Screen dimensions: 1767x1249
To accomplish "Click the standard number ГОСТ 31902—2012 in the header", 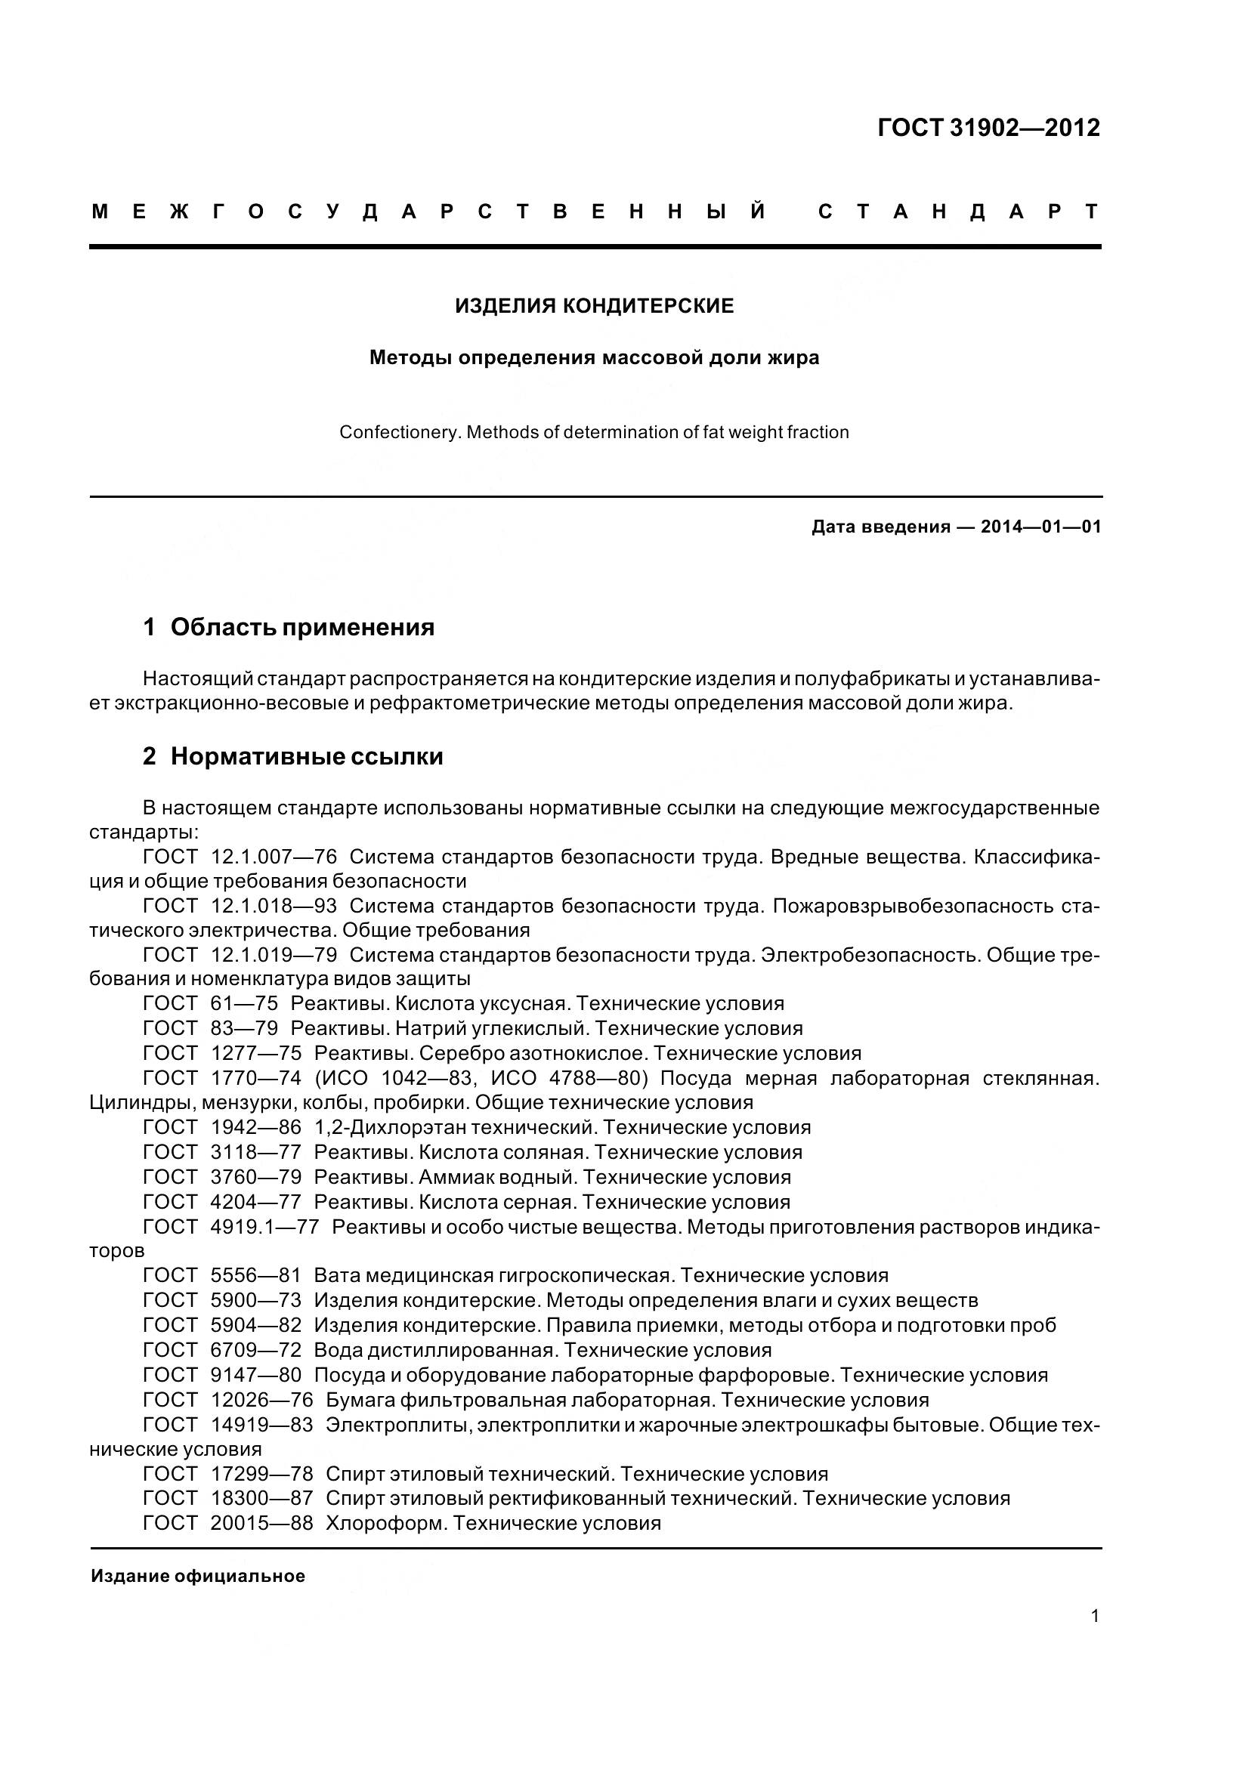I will coord(988,128).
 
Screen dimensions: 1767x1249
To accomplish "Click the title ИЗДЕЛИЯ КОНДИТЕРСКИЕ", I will coord(594,306).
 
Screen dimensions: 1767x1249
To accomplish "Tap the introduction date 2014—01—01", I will coord(1040,527).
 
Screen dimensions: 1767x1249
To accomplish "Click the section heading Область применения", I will coord(301,627).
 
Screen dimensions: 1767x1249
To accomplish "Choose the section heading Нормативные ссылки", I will coord(306,756).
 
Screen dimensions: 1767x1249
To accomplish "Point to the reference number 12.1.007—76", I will coord(274,857).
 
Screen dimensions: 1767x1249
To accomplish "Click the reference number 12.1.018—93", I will coord(274,906).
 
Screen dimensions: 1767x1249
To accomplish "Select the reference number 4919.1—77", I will coord(264,1227).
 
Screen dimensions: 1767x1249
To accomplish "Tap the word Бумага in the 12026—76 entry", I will coord(360,1399).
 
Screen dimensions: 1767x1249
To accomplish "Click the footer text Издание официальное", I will coord(198,1575).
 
